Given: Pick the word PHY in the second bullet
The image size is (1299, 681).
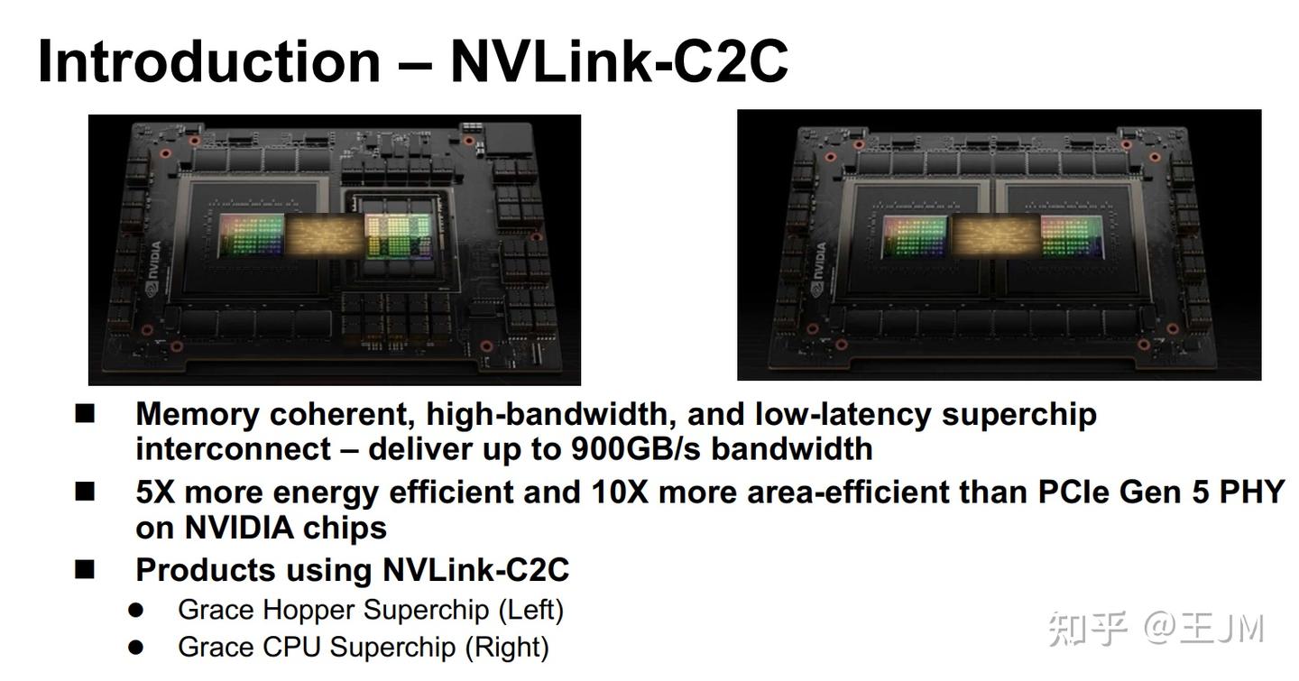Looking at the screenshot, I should click(1251, 492).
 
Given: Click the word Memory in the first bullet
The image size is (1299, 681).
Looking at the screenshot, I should click(197, 414).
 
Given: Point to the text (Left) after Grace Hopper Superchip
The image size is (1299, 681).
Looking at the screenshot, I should click(531, 610).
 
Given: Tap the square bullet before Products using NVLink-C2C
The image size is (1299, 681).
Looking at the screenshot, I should click(85, 569).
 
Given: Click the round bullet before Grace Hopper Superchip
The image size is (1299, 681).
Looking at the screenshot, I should click(135, 610).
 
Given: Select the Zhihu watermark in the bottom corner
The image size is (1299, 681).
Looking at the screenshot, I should click(1156, 629).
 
